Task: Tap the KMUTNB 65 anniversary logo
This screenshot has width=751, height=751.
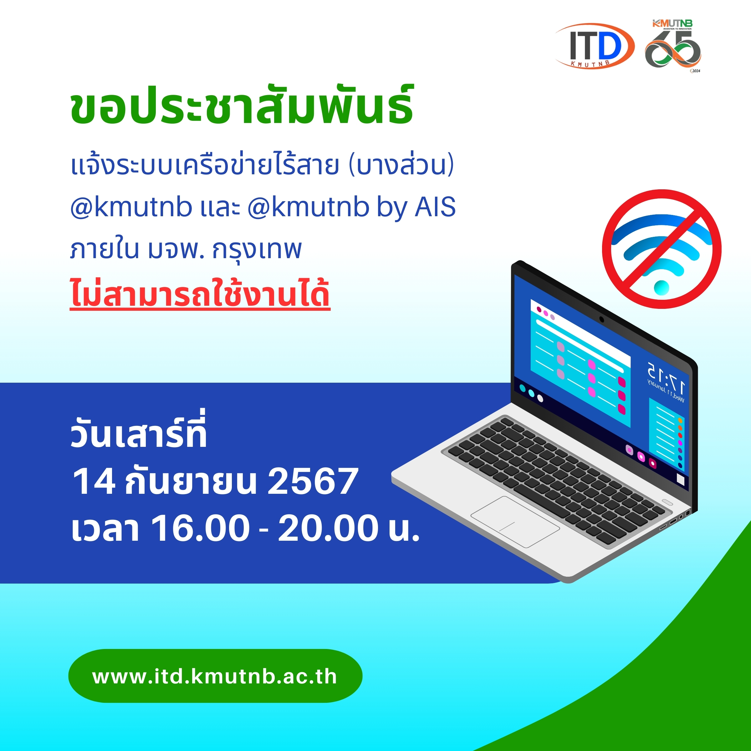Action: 673,46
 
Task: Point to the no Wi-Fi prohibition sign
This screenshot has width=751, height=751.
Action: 662,249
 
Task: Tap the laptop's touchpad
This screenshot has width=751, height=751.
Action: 515,522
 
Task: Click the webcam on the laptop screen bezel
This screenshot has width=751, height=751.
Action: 602,319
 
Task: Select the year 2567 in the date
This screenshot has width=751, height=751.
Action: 313,481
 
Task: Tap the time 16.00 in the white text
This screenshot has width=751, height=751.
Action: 200,528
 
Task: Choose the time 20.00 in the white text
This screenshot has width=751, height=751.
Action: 328,528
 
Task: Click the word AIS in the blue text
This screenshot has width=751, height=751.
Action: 435,207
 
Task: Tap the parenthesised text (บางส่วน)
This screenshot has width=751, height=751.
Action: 401,165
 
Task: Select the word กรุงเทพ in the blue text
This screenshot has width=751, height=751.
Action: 257,250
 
